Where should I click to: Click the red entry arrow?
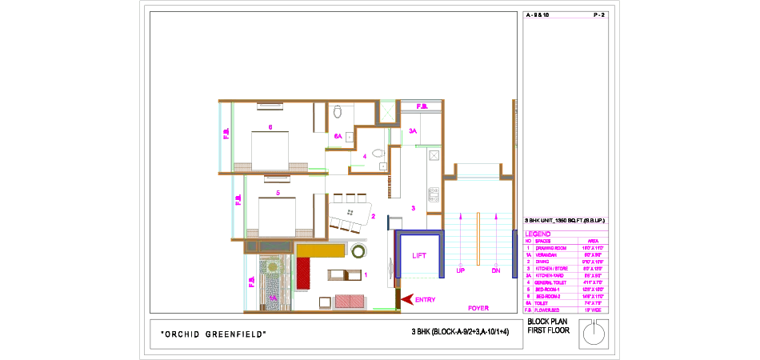(407, 299)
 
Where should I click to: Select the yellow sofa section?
(321, 250)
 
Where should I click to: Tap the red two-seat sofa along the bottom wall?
(349, 302)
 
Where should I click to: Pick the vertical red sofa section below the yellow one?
(303, 273)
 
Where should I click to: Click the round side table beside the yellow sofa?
(359, 251)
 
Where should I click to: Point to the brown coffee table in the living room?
(346, 275)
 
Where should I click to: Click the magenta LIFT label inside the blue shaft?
(419, 256)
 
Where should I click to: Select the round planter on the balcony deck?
(273, 266)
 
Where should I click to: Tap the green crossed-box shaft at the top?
(388, 110)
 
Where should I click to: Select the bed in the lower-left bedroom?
(276, 216)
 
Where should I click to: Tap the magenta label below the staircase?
(478, 308)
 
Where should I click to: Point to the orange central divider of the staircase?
(478, 240)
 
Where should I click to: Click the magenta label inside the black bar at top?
(422, 106)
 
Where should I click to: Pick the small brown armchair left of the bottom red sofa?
(325, 302)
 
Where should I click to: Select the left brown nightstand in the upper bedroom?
(242, 166)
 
